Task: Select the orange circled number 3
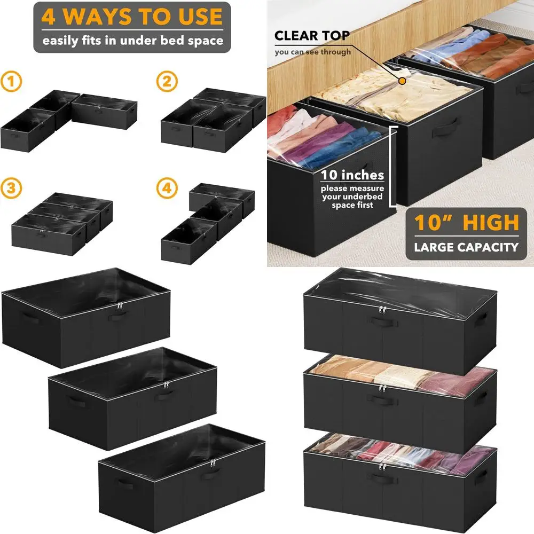pos(11,189)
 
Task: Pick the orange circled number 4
pos(166,189)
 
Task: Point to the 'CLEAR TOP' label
pos(312,36)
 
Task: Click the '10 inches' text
pos(352,175)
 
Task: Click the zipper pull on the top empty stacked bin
pos(382,310)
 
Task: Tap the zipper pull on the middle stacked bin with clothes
pos(382,388)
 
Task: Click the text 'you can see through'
pos(313,52)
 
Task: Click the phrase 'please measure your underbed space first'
pos(352,197)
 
